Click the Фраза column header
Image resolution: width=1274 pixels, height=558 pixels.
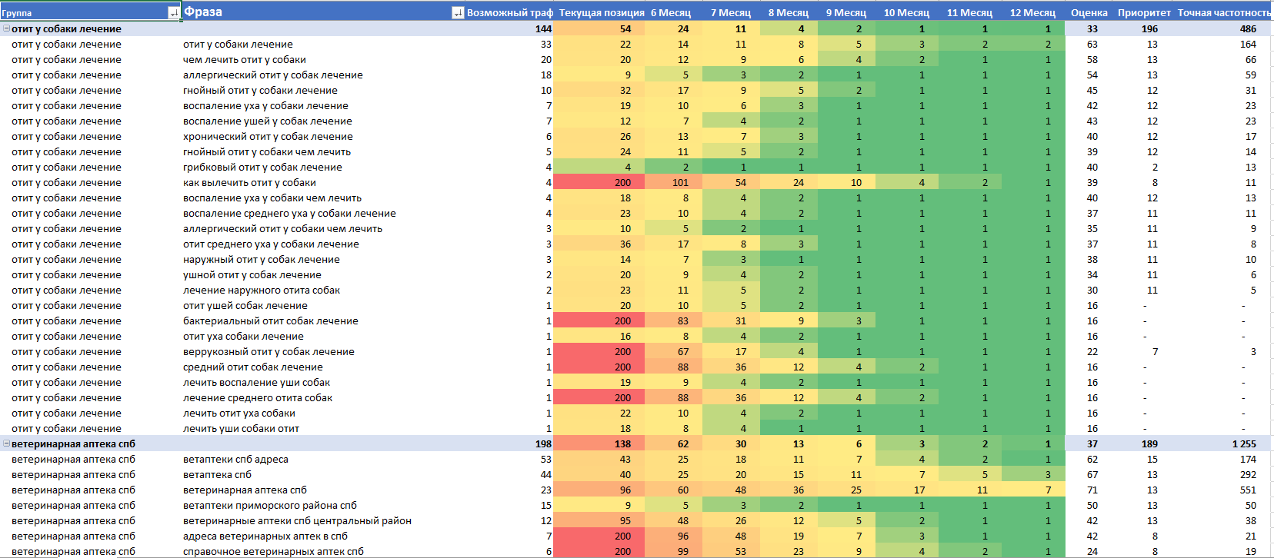pyautogui.click(x=203, y=12)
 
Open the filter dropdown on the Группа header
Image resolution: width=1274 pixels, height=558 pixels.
pyautogui.click(x=173, y=12)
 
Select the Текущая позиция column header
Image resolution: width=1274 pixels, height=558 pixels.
pyautogui.click(x=601, y=12)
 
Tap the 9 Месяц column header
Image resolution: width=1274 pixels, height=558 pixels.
pyautogui.click(x=845, y=12)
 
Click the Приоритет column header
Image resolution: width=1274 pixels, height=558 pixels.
pyautogui.click(x=1143, y=12)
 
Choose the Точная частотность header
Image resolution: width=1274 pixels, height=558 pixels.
pyautogui.click(x=1223, y=12)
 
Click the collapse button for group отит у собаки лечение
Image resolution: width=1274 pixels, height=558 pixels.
pyautogui.click(x=6, y=28)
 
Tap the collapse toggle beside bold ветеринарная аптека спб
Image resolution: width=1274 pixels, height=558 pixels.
pyautogui.click(x=6, y=443)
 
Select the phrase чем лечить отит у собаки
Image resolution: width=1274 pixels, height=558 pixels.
pyautogui.click(x=244, y=59)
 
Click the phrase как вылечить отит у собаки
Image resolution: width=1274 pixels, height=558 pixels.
pyautogui.click(x=249, y=182)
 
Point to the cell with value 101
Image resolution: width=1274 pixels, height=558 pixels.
pyautogui.click(x=680, y=182)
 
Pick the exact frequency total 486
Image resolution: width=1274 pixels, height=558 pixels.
pyautogui.click(x=1247, y=28)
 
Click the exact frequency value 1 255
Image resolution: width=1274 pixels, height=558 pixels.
pyautogui.click(x=1243, y=443)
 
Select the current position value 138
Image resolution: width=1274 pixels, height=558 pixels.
pyautogui.click(x=622, y=443)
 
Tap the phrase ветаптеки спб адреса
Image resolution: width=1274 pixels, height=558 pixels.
pyautogui.click(x=235, y=459)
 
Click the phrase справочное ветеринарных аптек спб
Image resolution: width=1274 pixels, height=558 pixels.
pyautogui.click(x=273, y=551)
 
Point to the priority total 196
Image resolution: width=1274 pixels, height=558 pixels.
pyautogui.click(x=1149, y=28)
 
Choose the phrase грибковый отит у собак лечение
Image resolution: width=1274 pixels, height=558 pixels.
pyautogui.click(x=262, y=167)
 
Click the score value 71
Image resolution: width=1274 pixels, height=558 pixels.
pyautogui.click(x=1092, y=490)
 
